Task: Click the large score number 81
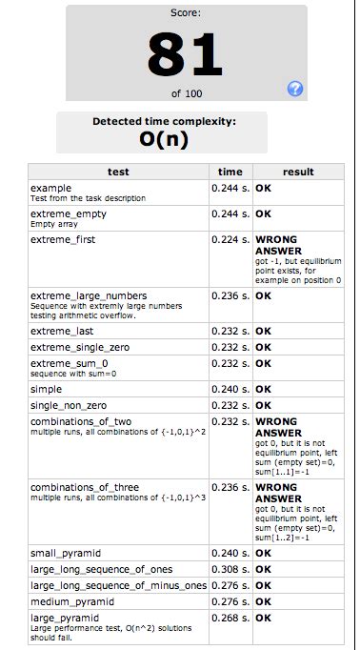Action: pyautogui.click(x=186, y=54)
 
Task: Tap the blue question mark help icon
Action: pyautogui.click(x=295, y=90)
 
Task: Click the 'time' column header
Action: pyautogui.click(x=230, y=172)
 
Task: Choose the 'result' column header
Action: pyautogui.click(x=298, y=172)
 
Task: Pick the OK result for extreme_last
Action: pyautogui.click(x=264, y=330)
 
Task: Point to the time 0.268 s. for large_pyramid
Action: pyautogui.click(x=230, y=619)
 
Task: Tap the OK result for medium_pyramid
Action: pyautogui.click(x=264, y=602)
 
